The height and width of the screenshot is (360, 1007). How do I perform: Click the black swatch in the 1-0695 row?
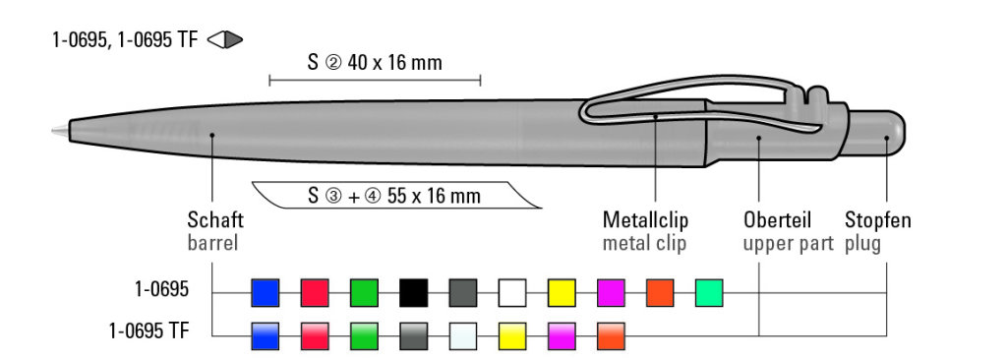pos(414,292)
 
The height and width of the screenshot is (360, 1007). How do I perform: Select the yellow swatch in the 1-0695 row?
pos(562,292)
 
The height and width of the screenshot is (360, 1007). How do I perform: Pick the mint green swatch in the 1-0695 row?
pos(709,292)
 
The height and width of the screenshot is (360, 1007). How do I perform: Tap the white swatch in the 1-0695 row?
pos(512,292)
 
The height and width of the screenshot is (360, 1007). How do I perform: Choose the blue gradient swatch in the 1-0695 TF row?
pos(266,336)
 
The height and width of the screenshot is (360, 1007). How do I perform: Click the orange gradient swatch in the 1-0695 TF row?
pos(611,336)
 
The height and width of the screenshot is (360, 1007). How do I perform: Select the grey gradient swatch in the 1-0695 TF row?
pos(414,336)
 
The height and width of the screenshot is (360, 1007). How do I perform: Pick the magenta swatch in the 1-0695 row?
pos(611,292)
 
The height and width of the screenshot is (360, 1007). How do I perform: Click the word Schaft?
pos(215,220)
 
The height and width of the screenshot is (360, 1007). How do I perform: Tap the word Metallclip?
pos(645,220)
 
